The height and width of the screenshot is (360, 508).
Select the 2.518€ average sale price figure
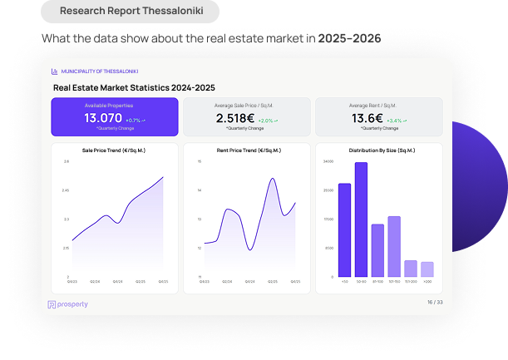coord(235,119)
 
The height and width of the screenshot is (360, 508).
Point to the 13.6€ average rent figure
coord(367,119)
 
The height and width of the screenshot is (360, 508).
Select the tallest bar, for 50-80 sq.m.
coord(361,219)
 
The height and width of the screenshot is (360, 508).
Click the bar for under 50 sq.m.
coord(344,230)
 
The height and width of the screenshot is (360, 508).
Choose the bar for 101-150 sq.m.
coord(394,246)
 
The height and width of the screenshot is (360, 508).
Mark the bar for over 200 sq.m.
coord(427,269)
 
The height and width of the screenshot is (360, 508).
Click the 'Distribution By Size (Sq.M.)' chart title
coord(382,150)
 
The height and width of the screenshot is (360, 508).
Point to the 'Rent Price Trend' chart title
coord(248,150)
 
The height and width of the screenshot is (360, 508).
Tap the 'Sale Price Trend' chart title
coord(115,150)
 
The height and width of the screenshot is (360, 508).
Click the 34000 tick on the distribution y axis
coord(328,161)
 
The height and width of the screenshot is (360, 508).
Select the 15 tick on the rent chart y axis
coord(200,161)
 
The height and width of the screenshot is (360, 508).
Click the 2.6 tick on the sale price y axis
coord(66,161)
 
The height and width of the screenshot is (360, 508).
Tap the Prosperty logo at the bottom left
coord(68,304)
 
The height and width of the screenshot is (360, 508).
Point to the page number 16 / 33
coord(435,302)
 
